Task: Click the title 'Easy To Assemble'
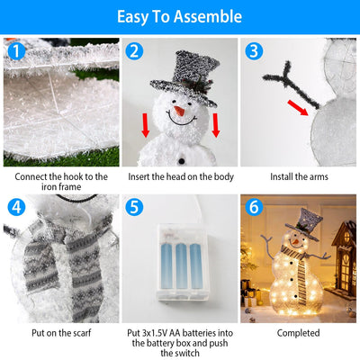179,16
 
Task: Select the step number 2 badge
134,51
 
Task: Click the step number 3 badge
254,51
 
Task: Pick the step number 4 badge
14,208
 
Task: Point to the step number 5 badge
134,208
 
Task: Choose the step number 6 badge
254,208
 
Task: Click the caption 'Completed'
298,333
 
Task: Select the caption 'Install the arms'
298,176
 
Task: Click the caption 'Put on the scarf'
59,333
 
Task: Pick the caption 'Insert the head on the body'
179,176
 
